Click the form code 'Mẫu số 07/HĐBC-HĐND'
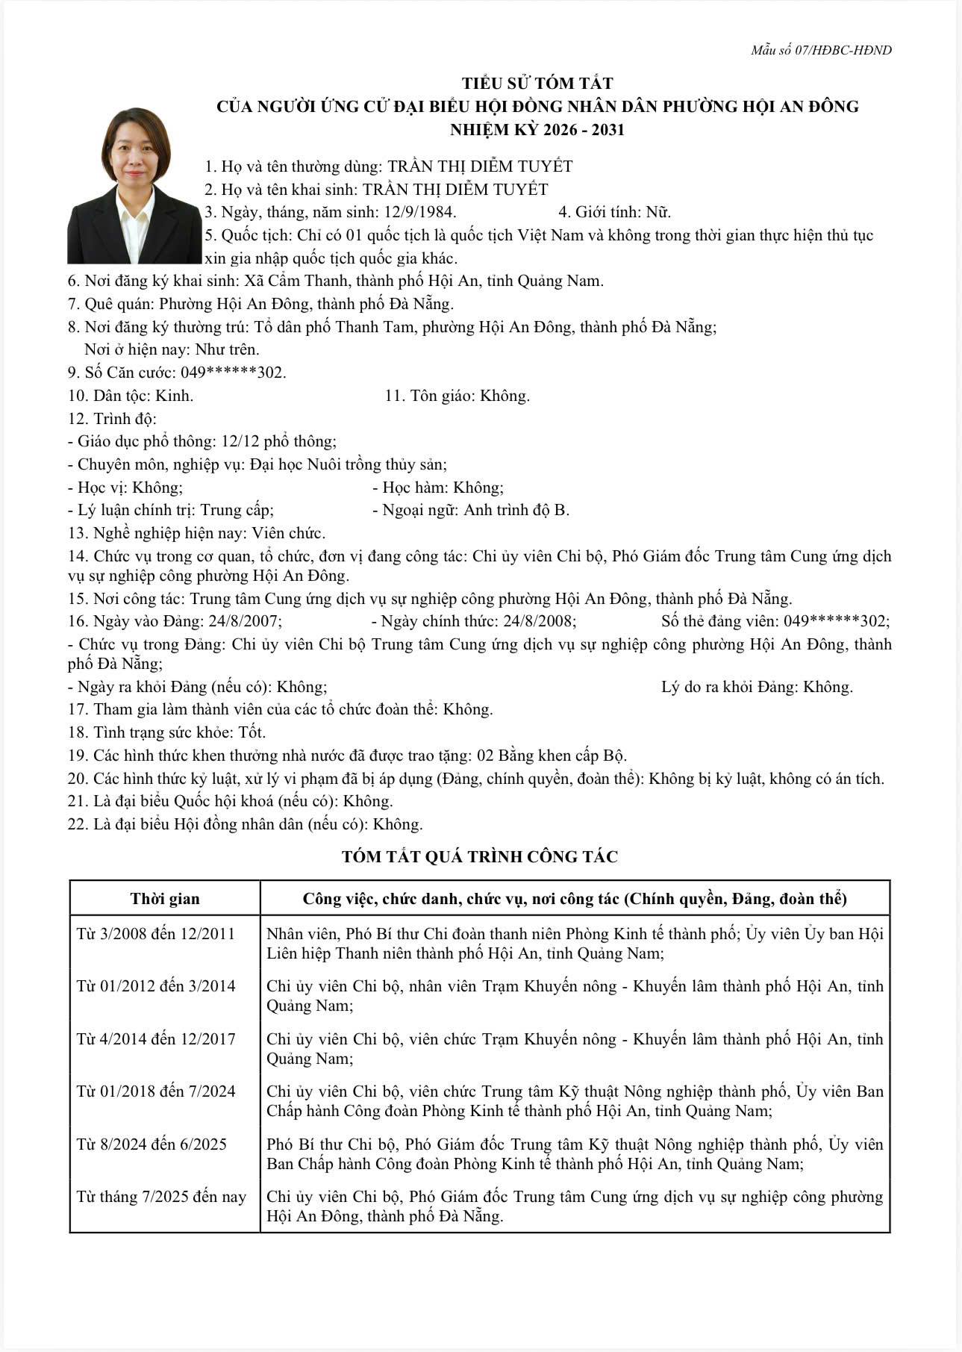[x=821, y=51]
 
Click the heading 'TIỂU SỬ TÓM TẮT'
[x=537, y=83]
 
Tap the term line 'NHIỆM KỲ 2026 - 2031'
[x=537, y=130]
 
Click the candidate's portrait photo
[x=134, y=187]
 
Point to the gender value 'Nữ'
[x=658, y=212]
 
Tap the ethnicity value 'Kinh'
[x=174, y=396]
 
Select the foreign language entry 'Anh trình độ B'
[x=516, y=510]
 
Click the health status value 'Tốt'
[x=252, y=732]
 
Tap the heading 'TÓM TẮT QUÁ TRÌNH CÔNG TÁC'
[x=480, y=856]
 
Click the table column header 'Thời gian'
[x=165, y=898]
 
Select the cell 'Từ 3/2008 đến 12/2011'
[x=155, y=934]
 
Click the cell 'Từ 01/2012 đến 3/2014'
[x=155, y=986]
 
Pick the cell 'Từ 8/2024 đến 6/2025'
[x=152, y=1144]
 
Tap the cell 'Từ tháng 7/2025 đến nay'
[x=161, y=1197]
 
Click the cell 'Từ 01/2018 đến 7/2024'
[x=155, y=1091]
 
